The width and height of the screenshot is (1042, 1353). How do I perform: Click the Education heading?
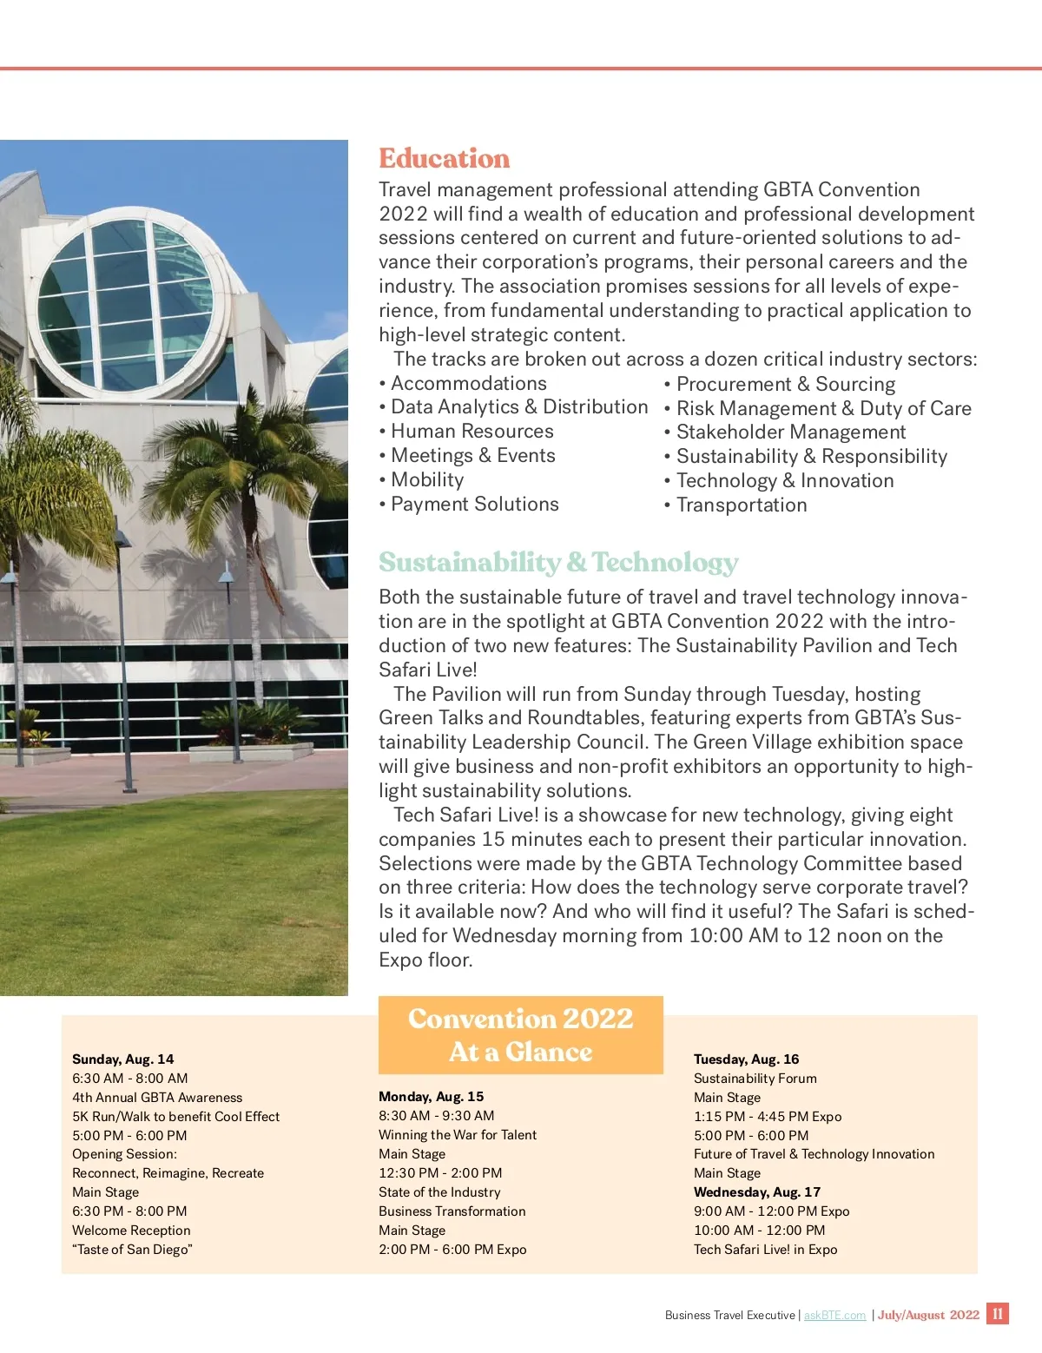point(444,159)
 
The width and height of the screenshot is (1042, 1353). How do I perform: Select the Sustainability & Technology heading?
point(558,563)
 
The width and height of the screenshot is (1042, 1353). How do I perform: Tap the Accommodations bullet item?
point(468,383)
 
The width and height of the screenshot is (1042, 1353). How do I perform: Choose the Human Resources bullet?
point(472,432)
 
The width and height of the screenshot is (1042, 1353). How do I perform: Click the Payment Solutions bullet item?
point(474,505)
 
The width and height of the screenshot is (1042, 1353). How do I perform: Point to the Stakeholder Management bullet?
point(790,432)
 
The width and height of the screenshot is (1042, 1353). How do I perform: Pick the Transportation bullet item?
point(741,505)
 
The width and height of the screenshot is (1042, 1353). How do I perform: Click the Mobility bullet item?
point(427,480)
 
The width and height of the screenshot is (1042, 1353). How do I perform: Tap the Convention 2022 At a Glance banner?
point(520,1034)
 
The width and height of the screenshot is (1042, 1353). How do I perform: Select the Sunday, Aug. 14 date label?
point(123,1059)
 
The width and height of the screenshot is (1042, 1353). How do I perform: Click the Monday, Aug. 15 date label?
point(431,1097)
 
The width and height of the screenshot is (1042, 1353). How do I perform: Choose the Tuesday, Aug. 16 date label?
point(746,1059)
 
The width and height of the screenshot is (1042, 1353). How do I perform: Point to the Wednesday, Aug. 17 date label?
point(756,1192)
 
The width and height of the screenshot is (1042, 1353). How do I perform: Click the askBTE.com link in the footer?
point(834,1316)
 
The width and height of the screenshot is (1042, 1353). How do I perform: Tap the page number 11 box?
point(998,1314)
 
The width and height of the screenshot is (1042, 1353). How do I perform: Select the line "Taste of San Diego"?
point(133,1250)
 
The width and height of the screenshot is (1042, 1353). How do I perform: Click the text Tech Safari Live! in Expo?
point(765,1250)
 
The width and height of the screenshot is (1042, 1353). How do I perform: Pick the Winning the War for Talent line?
point(458,1135)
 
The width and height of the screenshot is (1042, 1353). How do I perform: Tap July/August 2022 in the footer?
point(928,1316)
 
